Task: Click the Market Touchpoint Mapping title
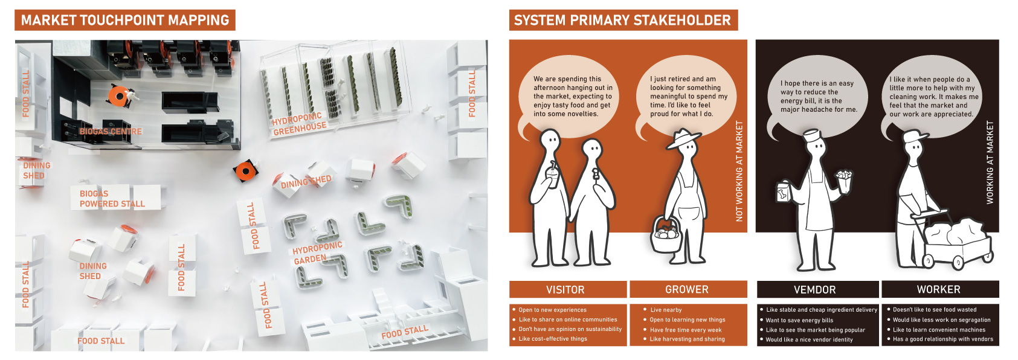pos(125,20)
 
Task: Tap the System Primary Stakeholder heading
pos(623,20)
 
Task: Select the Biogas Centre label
pos(111,131)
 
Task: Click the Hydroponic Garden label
pos(317,253)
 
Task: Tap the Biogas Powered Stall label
pos(112,199)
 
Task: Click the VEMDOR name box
pos(817,289)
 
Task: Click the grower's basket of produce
pos(667,235)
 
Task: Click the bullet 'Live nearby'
pos(666,310)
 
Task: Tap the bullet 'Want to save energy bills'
pos(796,320)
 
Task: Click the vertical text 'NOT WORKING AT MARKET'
pos(739,171)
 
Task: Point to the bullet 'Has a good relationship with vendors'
pos(940,339)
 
